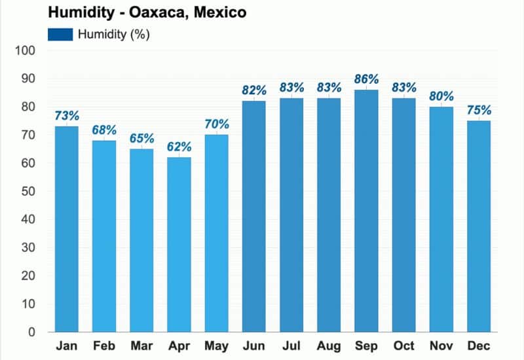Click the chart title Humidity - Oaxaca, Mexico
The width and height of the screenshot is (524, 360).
coord(146,12)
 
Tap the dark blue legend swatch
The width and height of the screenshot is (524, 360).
coord(60,34)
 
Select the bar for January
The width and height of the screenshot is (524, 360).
coord(66,229)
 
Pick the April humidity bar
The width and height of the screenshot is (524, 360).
coord(179,245)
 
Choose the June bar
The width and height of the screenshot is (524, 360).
coord(253,217)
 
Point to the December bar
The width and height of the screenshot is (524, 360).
coord(479,226)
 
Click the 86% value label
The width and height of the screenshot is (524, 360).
coord(366,79)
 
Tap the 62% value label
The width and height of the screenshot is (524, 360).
coord(179,147)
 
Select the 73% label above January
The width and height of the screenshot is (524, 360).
coord(66,116)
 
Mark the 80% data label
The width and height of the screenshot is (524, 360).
coord(441,96)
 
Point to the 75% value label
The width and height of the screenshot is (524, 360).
coord(479,110)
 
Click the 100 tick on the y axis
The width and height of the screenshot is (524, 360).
coord(28,51)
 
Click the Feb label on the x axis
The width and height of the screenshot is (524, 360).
coord(103,346)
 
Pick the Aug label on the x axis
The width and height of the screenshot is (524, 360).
coord(329,346)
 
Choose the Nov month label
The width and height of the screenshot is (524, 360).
coord(441,346)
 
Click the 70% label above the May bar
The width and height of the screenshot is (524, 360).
coord(216,124)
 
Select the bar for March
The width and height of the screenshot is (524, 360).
coord(141,241)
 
